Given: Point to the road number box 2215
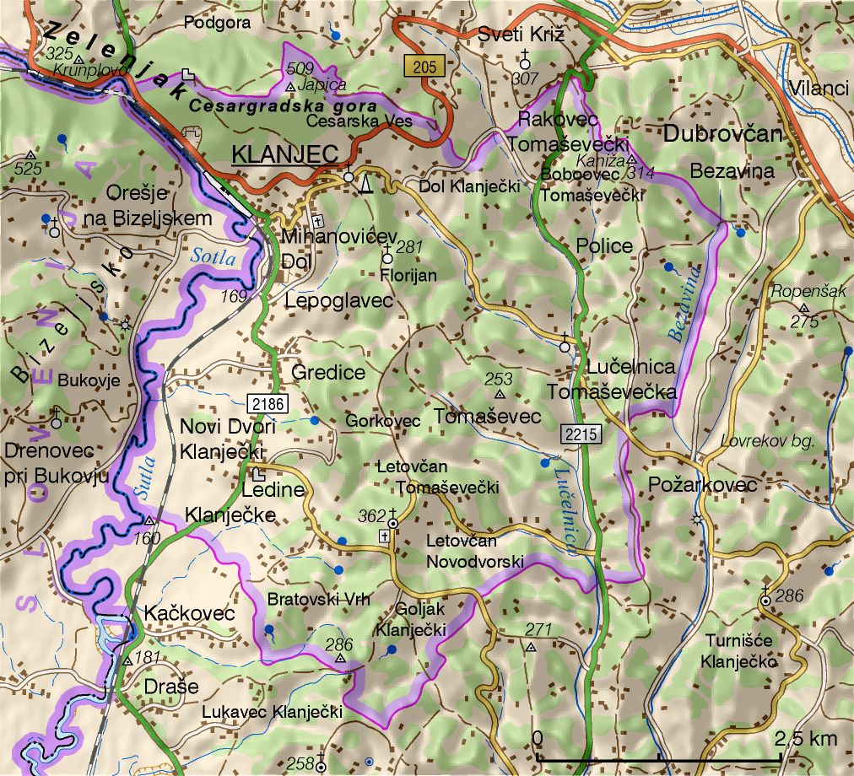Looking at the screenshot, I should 580,435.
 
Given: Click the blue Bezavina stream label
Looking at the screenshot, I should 685,303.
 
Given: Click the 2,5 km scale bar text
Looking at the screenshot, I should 805,738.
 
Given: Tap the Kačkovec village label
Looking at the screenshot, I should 189,613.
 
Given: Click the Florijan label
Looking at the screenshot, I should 408,276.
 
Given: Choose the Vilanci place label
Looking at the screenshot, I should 818,89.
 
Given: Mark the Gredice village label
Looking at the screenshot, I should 328,372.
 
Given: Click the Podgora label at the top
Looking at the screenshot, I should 217,23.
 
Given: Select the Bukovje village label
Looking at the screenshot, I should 89,380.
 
